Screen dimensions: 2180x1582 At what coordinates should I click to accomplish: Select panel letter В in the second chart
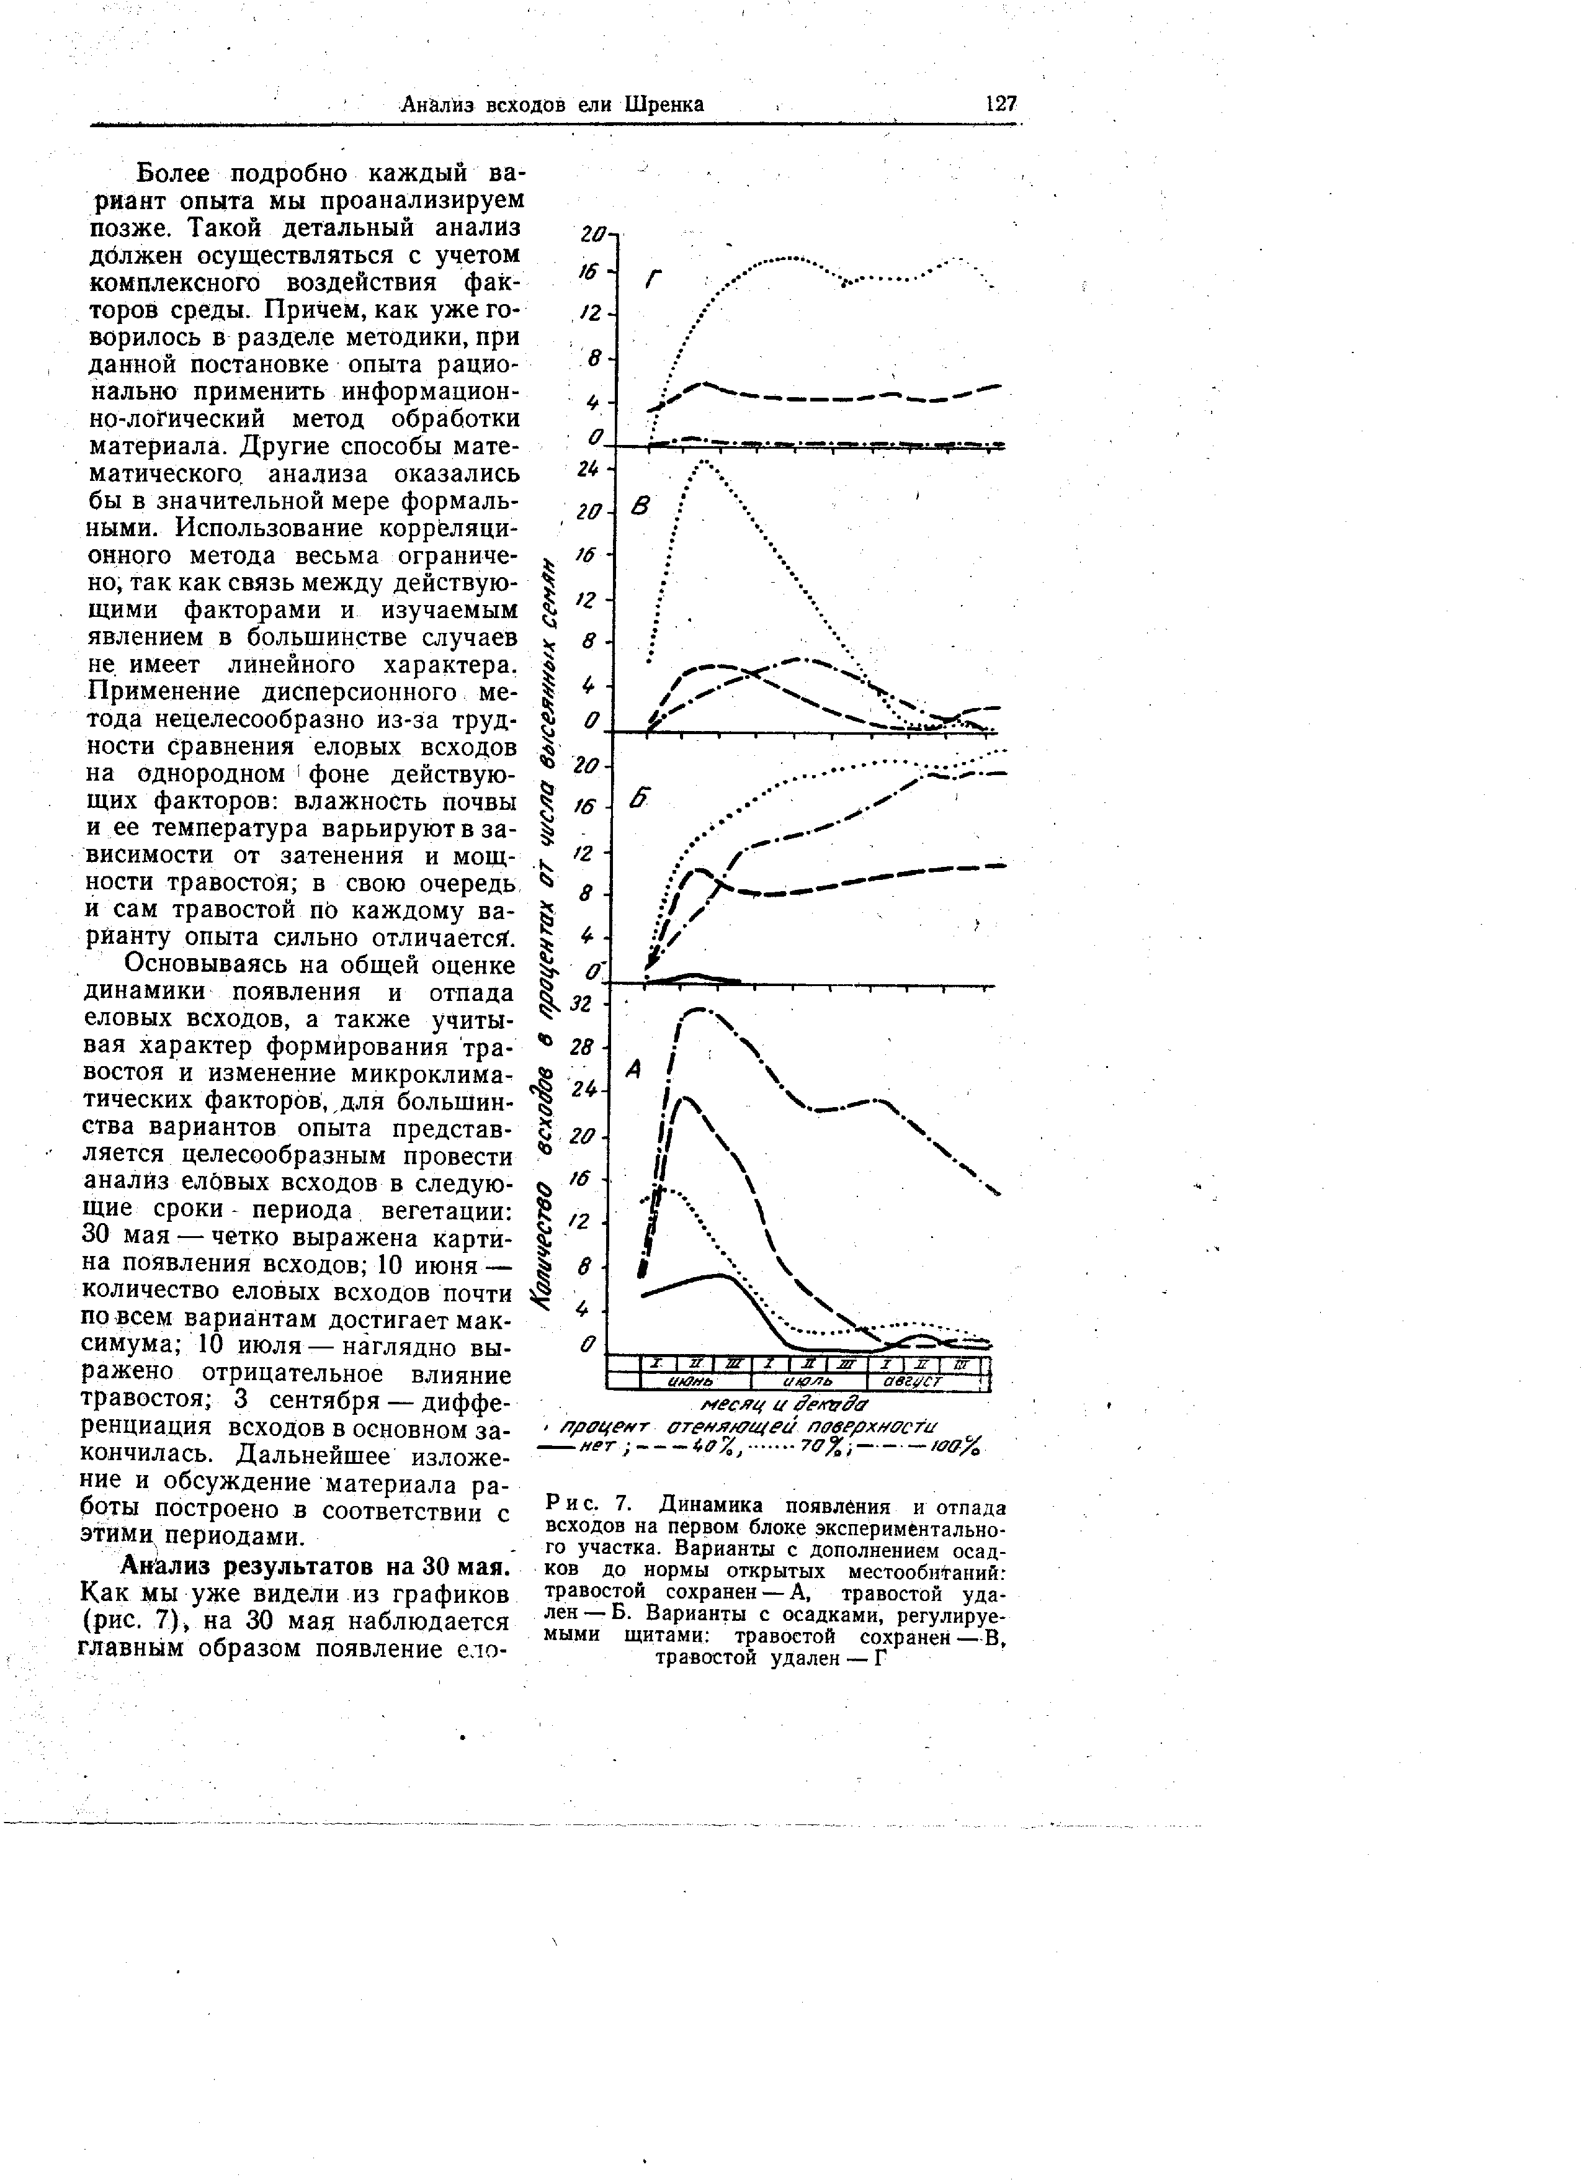pyautogui.click(x=641, y=506)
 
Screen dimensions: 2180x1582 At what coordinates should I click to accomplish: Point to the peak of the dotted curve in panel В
pyautogui.click(x=705, y=462)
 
